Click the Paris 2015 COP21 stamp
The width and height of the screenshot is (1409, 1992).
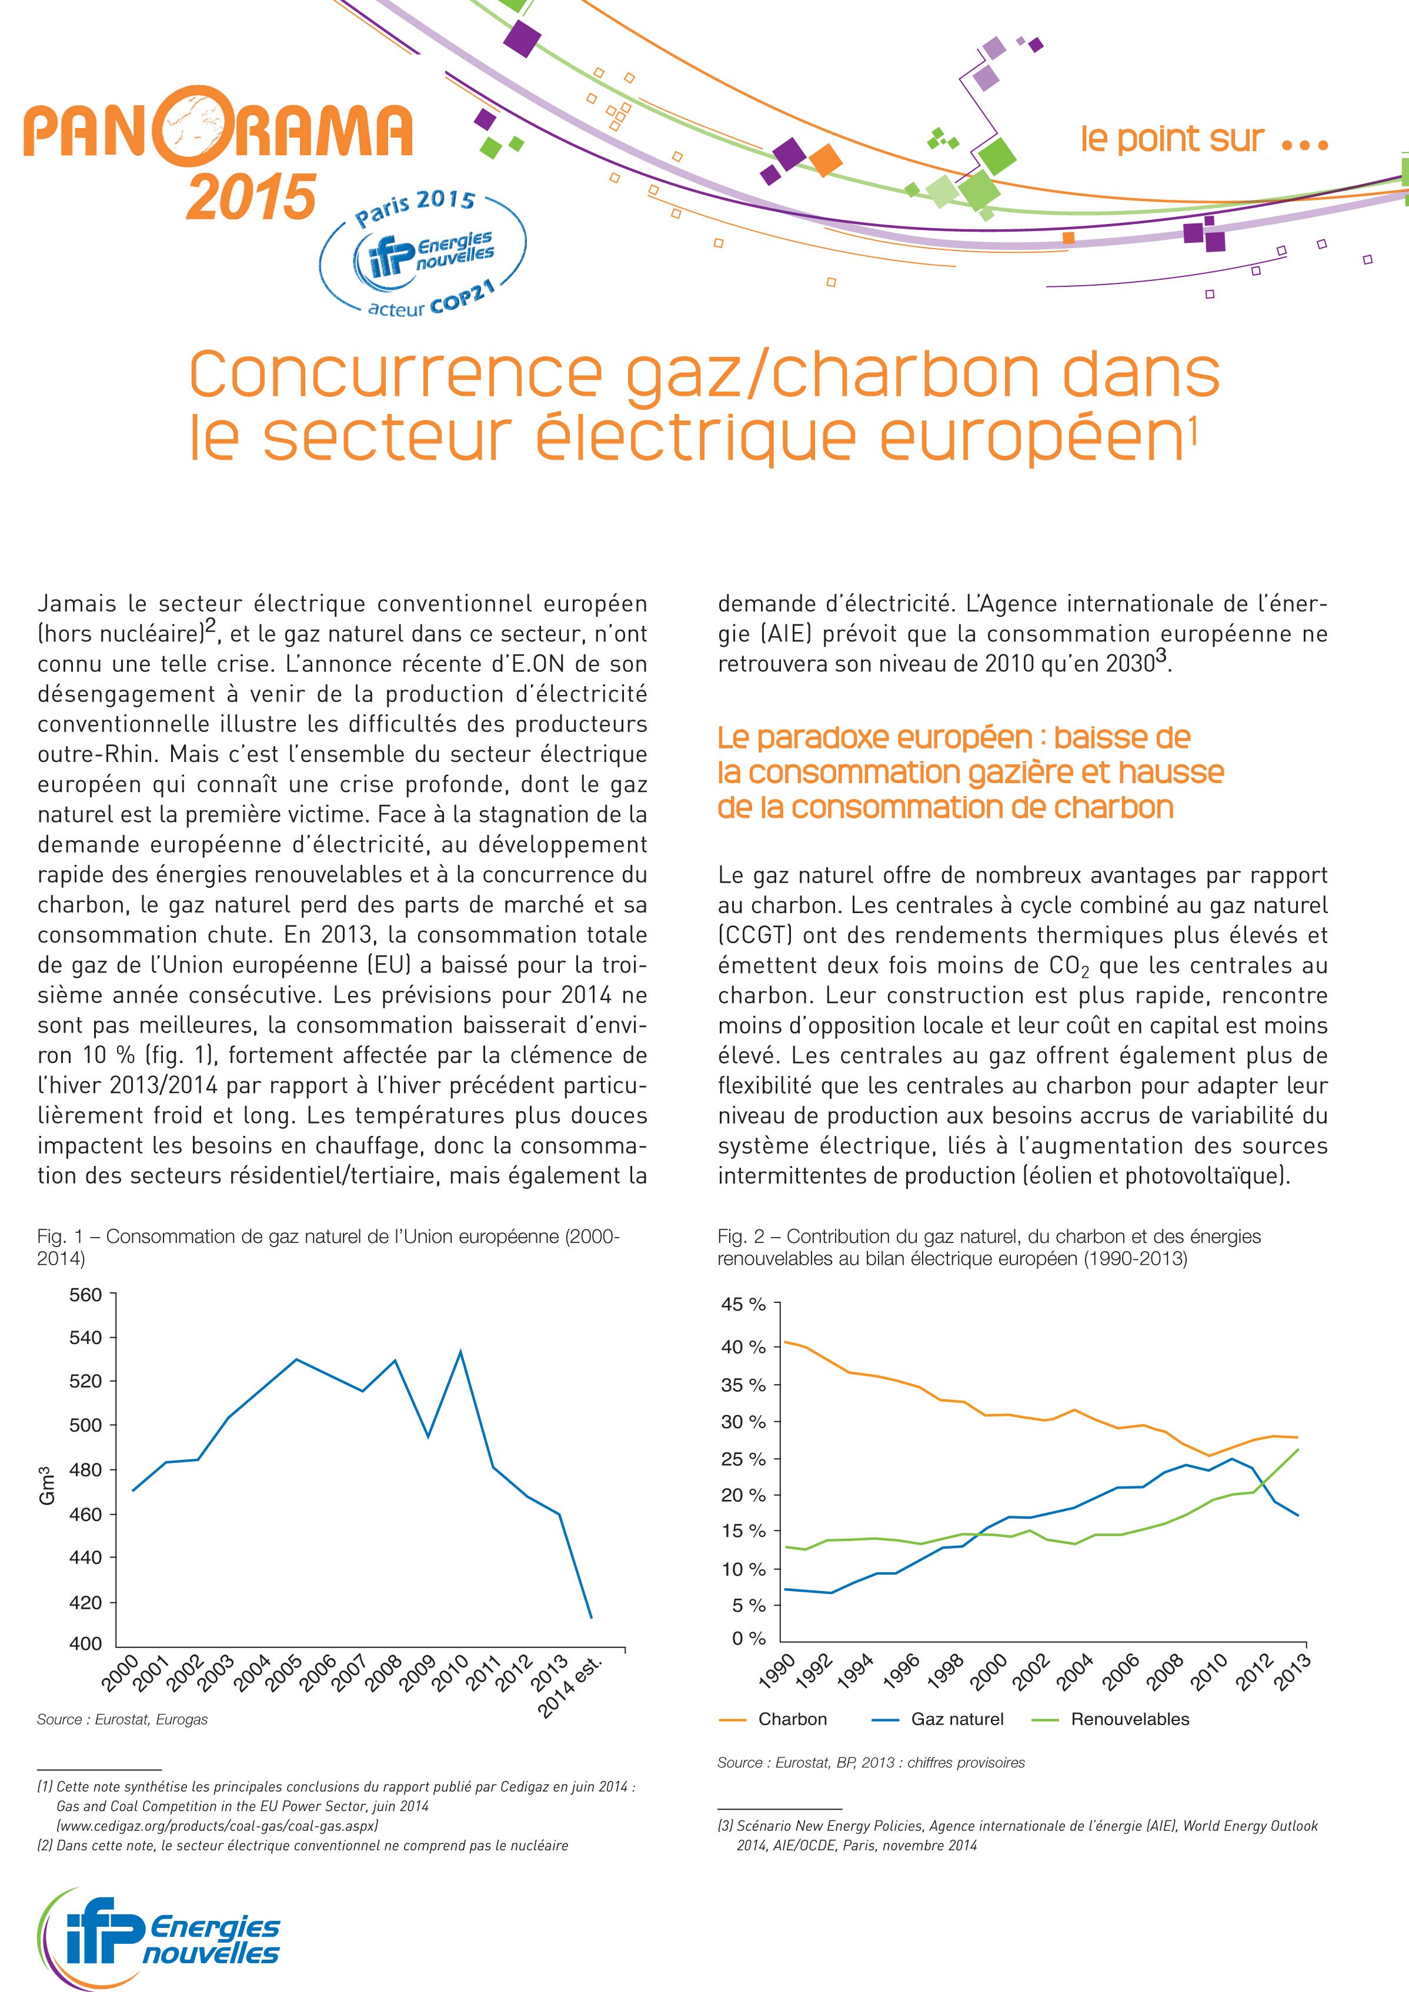point(422,252)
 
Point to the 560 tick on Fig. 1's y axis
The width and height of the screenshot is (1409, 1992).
point(85,1295)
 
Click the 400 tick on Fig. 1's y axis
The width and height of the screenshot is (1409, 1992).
point(85,1643)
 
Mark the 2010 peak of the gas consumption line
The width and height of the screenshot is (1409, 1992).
point(460,1352)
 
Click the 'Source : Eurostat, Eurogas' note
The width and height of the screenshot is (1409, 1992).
point(122,1720)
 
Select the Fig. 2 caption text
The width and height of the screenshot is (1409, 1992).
point(989,1246)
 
